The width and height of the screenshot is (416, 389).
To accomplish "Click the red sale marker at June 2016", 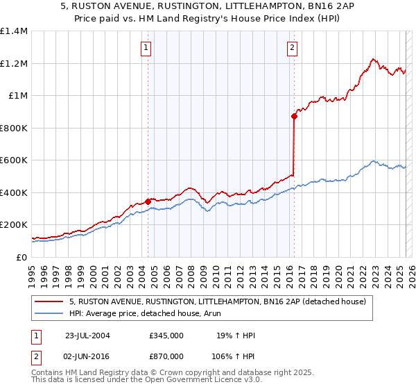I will tap(294, 117).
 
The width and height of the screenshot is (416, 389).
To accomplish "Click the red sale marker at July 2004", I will tap(148, 201).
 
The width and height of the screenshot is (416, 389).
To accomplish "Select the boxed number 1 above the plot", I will tap(147, 48).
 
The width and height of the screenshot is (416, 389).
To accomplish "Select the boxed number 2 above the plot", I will tap(292, 48).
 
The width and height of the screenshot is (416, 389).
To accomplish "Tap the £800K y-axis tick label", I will tap(14, 128).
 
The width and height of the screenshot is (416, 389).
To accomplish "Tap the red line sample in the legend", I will tap(50, 302).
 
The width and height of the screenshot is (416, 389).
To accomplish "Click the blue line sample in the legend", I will tap(50, 313).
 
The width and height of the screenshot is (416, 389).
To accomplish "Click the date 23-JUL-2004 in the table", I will tap(87, 336).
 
